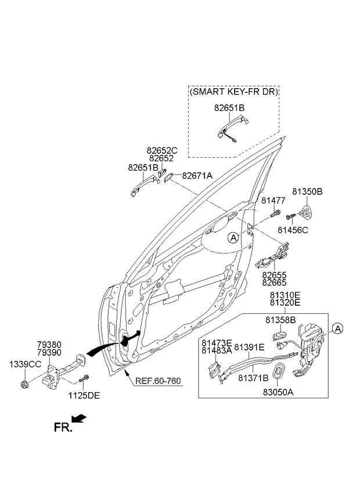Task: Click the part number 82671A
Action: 197,175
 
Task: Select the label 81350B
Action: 307,191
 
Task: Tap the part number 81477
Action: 273,201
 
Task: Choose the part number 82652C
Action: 162,151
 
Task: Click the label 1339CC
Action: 25,364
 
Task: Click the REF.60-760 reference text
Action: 159,381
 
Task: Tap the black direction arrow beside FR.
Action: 80,418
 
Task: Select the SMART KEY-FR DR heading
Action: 234,92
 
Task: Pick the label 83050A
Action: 278,392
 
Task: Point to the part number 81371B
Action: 253,378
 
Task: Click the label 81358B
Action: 280,320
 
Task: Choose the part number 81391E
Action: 249,347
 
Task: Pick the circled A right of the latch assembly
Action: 338,329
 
